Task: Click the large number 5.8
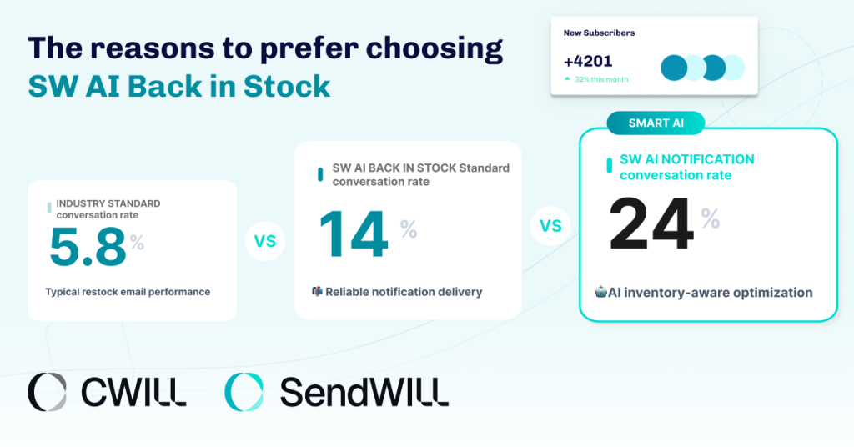tap(88, 248)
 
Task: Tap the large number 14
tap(354, 235)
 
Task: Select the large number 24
tap(651, 225)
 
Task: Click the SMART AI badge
tap(656, 123)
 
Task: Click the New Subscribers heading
tap(599, 33)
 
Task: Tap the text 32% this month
tap(600, 79)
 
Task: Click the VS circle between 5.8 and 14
tap(264, 242)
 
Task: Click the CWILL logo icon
tap(47, 392)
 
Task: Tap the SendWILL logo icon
tap(244, 392)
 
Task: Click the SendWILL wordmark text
tap(364, 392)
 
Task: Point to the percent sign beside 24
tap(710, 218)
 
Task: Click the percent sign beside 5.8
tap(137, 243)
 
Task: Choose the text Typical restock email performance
tap(128, 292)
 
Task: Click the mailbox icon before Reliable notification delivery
tap(317, 291)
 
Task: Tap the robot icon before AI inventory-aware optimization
tap(600, 292)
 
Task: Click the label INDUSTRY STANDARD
tap(108, 203)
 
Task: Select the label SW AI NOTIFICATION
tap(686, 159)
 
